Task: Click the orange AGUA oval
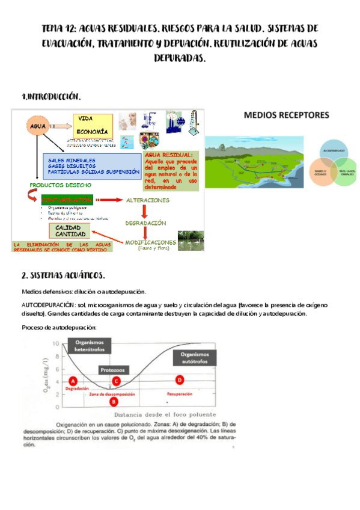click(38, 127)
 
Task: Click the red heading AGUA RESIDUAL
click(169, 155)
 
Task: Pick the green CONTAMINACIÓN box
click(67, 200)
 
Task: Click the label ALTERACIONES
click(147, 200)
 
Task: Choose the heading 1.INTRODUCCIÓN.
click(50, 96)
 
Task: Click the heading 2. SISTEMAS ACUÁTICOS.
click(63, 276)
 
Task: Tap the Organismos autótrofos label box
click(201, 357)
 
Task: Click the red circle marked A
click(73, 381)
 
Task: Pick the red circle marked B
click(113, 402)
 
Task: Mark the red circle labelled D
click(178, 379)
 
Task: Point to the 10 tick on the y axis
click(57, 343)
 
